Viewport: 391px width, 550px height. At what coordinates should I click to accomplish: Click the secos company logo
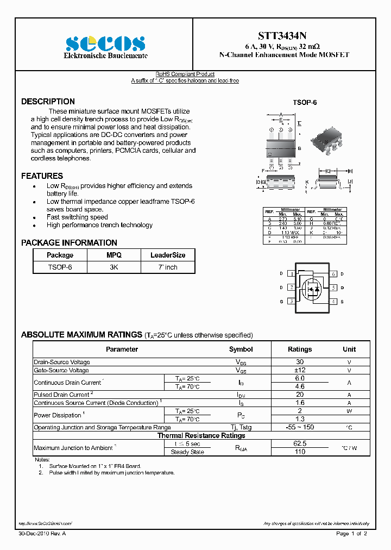point(105,43)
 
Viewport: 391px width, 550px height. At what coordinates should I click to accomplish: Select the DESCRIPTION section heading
point(48,102)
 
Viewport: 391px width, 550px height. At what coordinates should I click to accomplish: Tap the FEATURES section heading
point(42,176)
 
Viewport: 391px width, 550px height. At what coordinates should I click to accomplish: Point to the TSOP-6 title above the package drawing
point(305,103)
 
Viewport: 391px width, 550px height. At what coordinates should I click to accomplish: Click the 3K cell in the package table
point(114,267)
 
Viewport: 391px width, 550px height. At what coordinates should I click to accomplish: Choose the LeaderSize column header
point(168,255)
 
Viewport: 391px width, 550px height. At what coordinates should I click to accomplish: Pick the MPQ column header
point(114,255)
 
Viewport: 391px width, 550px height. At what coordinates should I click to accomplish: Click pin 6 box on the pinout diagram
point(334,274)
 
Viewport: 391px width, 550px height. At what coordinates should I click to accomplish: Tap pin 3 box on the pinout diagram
point(292,302)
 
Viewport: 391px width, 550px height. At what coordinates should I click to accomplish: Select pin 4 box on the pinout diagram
point(334,302)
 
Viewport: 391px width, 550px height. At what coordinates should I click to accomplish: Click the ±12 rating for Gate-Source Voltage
point(299,370)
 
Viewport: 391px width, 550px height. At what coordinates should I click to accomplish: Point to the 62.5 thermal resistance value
point(299,443)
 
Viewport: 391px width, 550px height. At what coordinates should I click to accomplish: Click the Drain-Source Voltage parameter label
point(62,362)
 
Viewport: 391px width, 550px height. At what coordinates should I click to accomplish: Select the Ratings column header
point(299,349)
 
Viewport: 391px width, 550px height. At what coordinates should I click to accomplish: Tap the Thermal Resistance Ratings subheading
point(201,435)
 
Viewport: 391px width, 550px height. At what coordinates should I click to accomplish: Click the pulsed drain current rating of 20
point(299,395)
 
